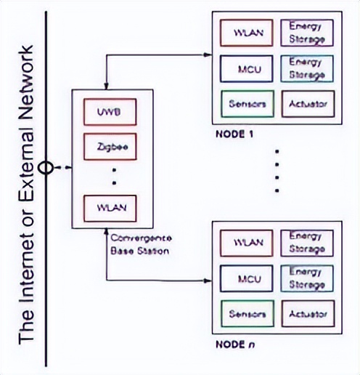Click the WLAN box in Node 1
246,33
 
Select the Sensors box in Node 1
246,103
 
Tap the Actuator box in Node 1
307,103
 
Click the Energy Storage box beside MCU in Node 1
307,68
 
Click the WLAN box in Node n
246,243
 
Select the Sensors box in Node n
246,314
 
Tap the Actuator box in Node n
307,314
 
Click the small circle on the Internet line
46,167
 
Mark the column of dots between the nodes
276,172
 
